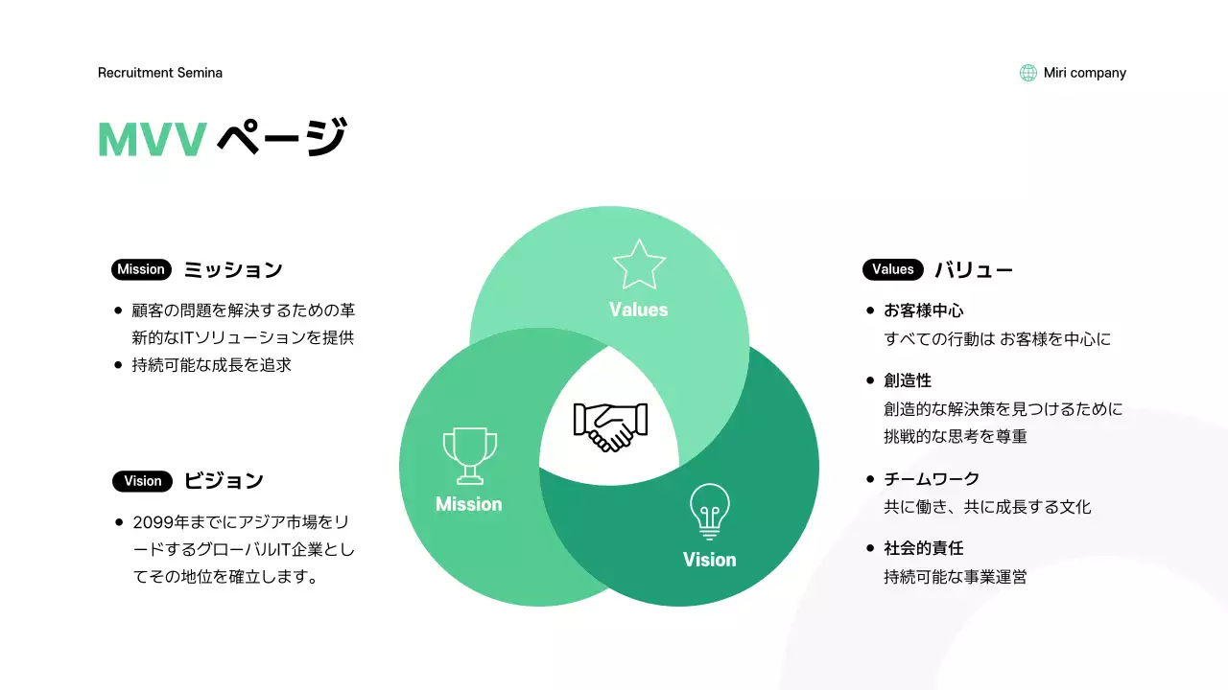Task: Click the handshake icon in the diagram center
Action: (610, 426)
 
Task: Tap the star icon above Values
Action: (639, 265)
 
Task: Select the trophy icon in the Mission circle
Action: (469, 455)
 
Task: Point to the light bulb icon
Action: (710, 510)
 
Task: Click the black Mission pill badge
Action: (141, 269)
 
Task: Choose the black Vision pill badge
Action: (142, 481)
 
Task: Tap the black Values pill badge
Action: (892, 269)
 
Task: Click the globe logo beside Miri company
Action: (1028, 73)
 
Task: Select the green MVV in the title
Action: (152, 140)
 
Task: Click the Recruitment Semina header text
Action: (160, 73)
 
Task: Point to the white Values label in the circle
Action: (639, 310)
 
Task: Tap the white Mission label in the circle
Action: (469, 504)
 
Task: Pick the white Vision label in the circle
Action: (710, 560)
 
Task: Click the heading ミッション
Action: (233, 270)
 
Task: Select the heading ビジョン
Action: (224, 481)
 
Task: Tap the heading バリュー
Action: (974, 270)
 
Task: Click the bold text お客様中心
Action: (923, 310)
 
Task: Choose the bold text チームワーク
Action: (932, 478)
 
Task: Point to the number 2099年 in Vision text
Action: (163, 522)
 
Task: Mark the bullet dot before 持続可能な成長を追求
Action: (118, 365)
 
